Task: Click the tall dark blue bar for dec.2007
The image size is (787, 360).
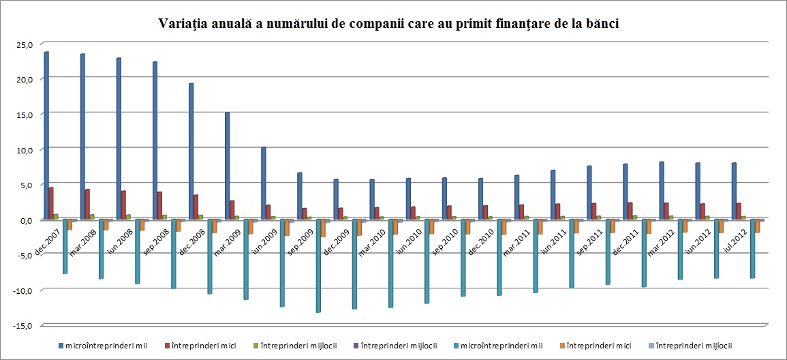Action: click(46, 136)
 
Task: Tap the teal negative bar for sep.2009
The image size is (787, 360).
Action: click(318, 266)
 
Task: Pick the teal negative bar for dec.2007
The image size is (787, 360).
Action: click(65, 246)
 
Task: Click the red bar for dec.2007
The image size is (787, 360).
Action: click(51, 203)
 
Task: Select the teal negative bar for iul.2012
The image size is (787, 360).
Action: click(753, 249)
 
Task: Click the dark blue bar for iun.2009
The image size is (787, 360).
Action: click(263, 183)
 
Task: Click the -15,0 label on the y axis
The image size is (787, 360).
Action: click(22, 326)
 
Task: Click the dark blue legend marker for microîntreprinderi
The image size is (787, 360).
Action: click(61, 346)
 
